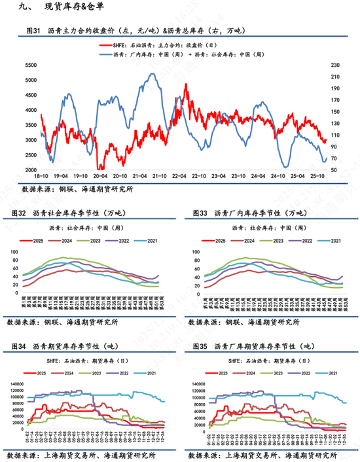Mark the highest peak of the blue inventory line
153,74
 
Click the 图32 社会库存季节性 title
75,213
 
